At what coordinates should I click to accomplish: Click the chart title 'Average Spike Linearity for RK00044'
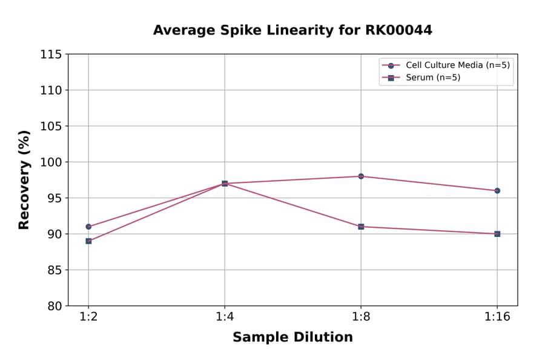pos(292,30)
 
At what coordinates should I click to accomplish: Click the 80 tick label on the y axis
pos(54,306)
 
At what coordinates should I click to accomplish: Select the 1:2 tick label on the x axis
pos(88,318)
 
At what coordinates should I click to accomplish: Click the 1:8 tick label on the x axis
pos(361,318)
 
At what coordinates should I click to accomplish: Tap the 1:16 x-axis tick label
pos(497,318)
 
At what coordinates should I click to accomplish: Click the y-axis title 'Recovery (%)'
pos(24,180)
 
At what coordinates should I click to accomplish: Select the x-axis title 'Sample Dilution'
pos(292,338)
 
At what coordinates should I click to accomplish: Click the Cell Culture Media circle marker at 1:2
pos(88,227)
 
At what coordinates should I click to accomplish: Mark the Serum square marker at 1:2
pos(88,241)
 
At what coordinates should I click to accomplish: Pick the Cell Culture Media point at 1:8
pos(361,176)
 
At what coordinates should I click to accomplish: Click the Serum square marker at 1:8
pos(361,227)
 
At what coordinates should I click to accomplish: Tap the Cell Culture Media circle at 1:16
pos(497,191)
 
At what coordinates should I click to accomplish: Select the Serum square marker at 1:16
pos(497,234)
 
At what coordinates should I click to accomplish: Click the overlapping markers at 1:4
pos(225,184)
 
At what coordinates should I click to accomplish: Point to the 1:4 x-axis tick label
pos(225,318)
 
